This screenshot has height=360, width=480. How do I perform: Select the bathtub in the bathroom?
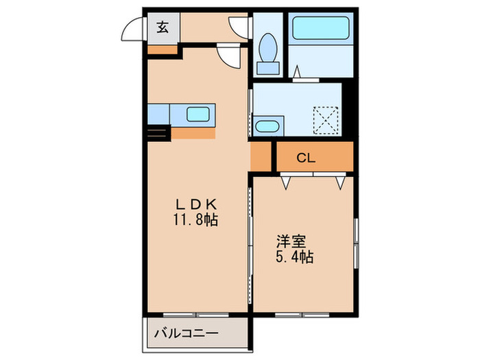click(x=321, y=27)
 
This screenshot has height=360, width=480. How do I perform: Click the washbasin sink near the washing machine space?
click(x=267, y=125)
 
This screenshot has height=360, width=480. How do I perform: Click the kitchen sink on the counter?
click(x=200, y=115)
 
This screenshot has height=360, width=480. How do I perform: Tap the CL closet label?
click(x=306, y=158)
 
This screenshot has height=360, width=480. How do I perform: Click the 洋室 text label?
click(x=291, y=241)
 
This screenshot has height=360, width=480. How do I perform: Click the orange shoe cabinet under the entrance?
click(x=163, y=49)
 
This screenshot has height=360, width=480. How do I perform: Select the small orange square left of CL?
click(x=261, y=157)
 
